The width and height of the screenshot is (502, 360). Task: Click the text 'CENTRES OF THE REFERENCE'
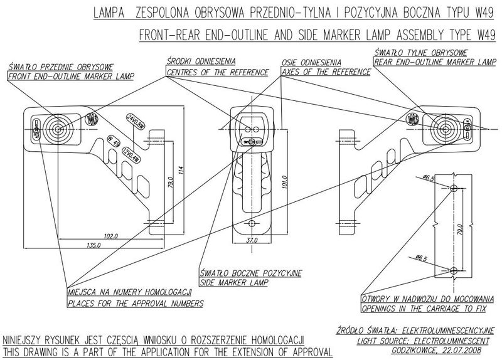217,73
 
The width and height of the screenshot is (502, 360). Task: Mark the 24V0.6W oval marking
136,121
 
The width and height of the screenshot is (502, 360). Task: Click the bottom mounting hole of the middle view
252,223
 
